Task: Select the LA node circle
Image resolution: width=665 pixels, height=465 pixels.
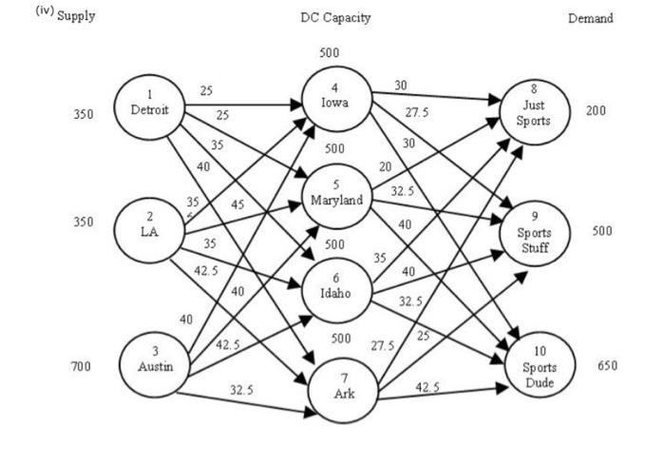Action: (147, 228)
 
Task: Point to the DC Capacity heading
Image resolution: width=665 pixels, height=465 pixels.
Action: (335, 17)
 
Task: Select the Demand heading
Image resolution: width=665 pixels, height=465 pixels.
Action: (590, 17)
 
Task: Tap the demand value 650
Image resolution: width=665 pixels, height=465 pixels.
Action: (608, 365)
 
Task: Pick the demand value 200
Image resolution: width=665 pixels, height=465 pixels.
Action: (596, 111)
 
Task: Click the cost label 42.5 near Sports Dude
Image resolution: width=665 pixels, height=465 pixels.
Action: (427, 387)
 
